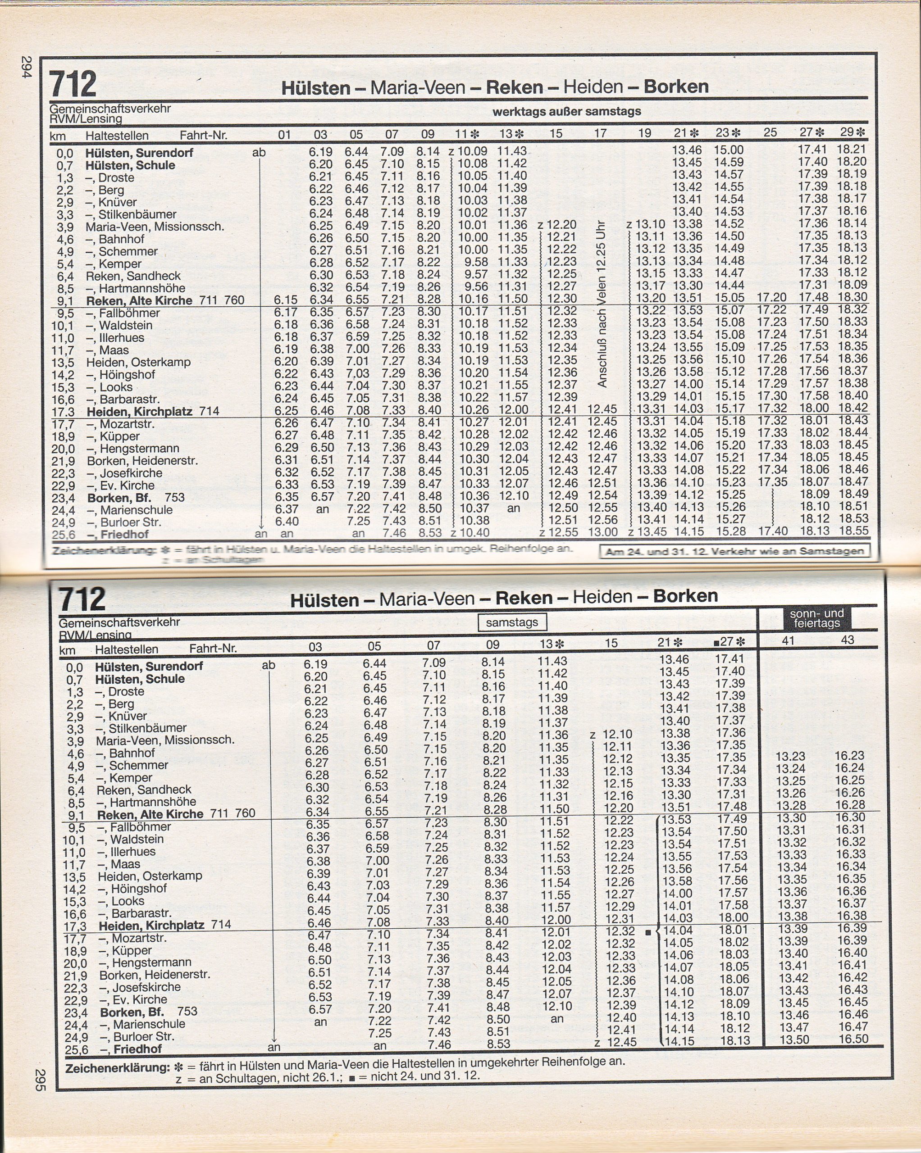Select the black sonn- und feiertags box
coord(816,618)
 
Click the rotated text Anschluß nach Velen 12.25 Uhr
coord(602,304)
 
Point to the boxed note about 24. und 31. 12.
coord(735,551)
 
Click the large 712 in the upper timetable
coord(73,85)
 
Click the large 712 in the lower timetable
coord(82,599)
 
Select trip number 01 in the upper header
coord(284,135)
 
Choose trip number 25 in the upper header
coord(770,132)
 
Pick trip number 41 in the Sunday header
coord(788,640)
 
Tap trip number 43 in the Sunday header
coord(847,640)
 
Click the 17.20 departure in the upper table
coord(772,297)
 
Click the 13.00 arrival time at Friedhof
coord(602,532)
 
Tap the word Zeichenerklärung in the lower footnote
coord(117,1067)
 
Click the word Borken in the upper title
coord(676,86)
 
